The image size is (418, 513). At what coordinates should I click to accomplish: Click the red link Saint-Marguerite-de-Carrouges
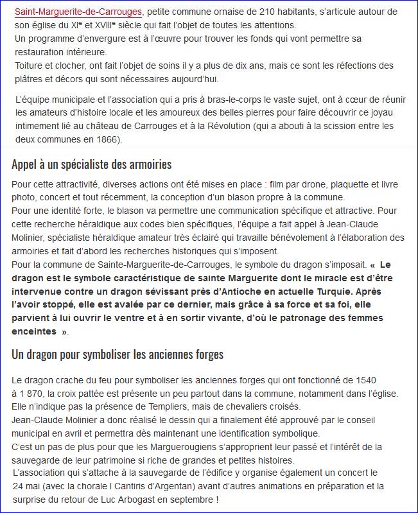[x=78, y=12]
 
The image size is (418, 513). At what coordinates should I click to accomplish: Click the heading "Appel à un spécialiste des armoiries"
[x=91, y=164]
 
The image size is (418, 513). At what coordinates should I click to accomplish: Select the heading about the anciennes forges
[x=118, y=354]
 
